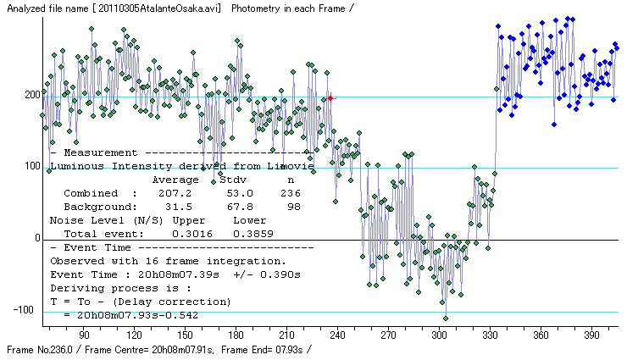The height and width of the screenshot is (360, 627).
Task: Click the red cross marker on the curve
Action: (x=330, y=98)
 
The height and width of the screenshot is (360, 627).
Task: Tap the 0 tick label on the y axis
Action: (x=37, y=239)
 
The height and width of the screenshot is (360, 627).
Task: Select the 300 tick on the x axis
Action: (x=439, y=335)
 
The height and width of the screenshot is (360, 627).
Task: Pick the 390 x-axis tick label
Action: (x=591, y=335)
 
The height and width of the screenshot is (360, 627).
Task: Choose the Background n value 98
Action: (x=293, y=207)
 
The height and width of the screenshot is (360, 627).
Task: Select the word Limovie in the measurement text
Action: (x=292, y=166)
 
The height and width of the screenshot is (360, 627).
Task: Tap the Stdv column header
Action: (x=233, y=180)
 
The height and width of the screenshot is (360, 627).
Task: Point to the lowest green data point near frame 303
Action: (x=446, y=318)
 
